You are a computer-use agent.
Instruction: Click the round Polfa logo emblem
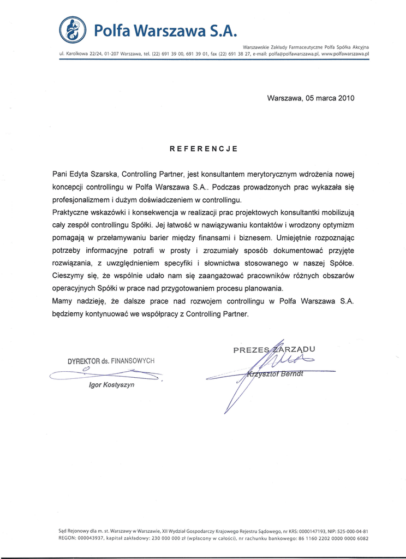click(x=73, y=29)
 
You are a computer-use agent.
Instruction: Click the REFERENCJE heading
click(x=203, y=148)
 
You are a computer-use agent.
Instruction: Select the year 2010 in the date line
click(x=346, y=98)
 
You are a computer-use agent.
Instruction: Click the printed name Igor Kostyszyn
click(x=111, y=385)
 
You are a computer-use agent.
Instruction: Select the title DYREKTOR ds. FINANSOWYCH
click(x=111, y=361)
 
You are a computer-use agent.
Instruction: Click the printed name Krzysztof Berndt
click(x=274, y=374)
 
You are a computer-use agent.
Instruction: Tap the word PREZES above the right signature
click(x=252, y=350)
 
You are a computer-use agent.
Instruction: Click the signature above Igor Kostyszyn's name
click(x=106, y=374)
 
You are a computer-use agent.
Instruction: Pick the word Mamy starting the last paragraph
click(x=62, y=301)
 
